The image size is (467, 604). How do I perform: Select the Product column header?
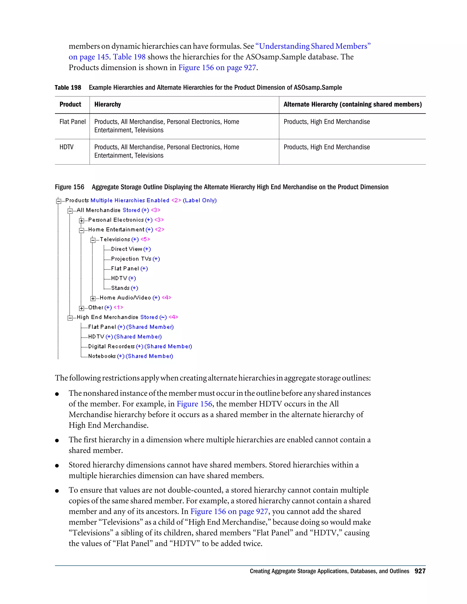point(70,105)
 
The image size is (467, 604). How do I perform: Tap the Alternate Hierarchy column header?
point(353,105)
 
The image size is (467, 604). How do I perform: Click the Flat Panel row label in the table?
point(73,122)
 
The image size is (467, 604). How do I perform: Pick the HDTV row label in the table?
point(66,147)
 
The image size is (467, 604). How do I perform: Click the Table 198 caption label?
point(68,88)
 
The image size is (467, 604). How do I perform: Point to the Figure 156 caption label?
point(70,187)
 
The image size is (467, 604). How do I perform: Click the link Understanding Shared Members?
point(313,46)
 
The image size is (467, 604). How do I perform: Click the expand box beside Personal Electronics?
point(81,220)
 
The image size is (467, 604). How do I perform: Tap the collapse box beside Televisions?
point(93,240)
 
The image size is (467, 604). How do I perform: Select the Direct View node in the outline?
point(126,249)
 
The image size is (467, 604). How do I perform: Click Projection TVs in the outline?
point(131,259)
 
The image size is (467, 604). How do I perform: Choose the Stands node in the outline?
point(120,288)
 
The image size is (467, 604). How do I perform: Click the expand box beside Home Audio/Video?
point(93,298)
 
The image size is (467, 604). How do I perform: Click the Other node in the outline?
point(96,307)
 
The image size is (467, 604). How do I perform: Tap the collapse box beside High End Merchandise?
point(70,318)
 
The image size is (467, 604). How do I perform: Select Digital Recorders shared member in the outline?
point(112,346)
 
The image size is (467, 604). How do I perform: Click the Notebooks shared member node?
point(102,356)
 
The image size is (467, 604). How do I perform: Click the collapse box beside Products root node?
point(58,201)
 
